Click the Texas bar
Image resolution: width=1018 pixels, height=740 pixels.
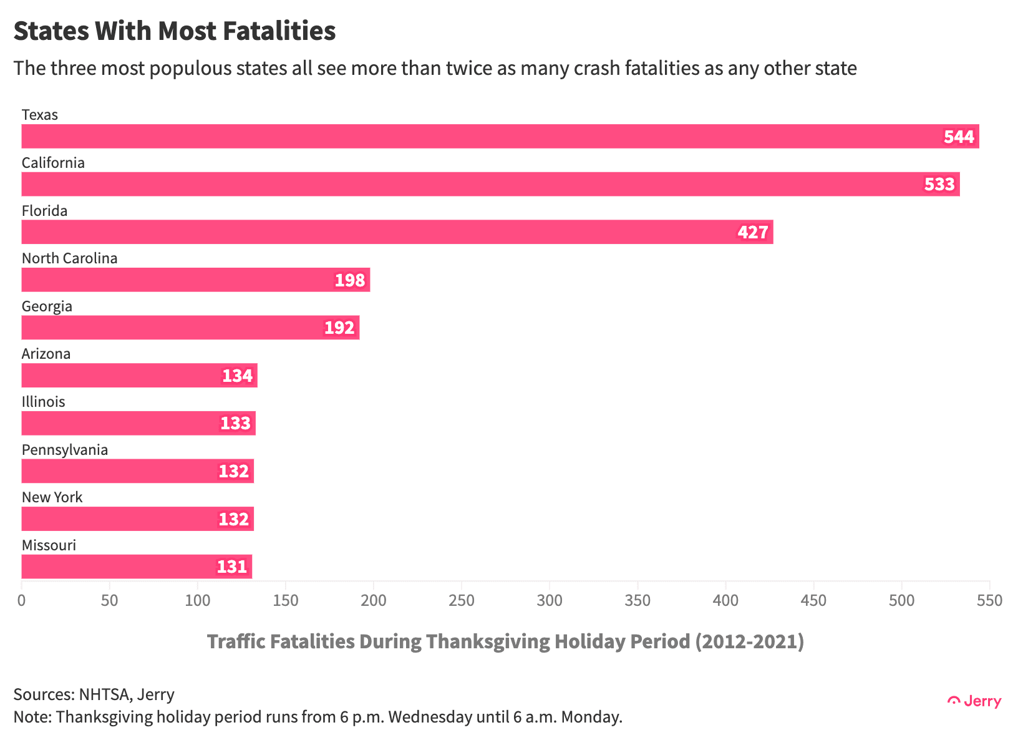[x=499, y=136]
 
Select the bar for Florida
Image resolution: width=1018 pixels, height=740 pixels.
[x=397, y=232]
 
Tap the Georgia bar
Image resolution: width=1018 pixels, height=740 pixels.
[x=190, y=328]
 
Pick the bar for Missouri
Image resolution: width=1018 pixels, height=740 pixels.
[x=136, y=567]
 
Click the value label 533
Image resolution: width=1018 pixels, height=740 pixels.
[x=939, y=185]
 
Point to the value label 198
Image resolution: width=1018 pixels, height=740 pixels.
[x=350, y=280]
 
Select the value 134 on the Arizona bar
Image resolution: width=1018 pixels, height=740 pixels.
[x=238, y=376]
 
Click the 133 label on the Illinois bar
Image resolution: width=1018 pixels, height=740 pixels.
[x=236, y=424]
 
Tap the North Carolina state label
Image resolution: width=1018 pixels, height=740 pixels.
[x=69, y=258]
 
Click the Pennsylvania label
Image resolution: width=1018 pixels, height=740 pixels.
[x=65, y=450]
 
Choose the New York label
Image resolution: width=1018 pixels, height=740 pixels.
[x=52, y=497]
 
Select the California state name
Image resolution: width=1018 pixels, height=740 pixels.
[x=53, y=163]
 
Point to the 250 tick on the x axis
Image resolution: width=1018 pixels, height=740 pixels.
[x=462, y=601]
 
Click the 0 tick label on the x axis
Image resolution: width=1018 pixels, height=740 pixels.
[x=22, y=601]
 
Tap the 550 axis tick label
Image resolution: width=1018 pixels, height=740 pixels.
[x=989, y=601]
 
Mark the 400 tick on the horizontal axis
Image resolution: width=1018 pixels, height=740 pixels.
[x=725, y=601]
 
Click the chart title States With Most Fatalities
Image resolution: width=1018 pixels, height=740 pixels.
[x=175, y=31]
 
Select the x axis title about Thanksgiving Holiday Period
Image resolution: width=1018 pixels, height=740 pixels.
[x=505, y=641]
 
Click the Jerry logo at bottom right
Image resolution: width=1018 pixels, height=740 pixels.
[x=974, y=701]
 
